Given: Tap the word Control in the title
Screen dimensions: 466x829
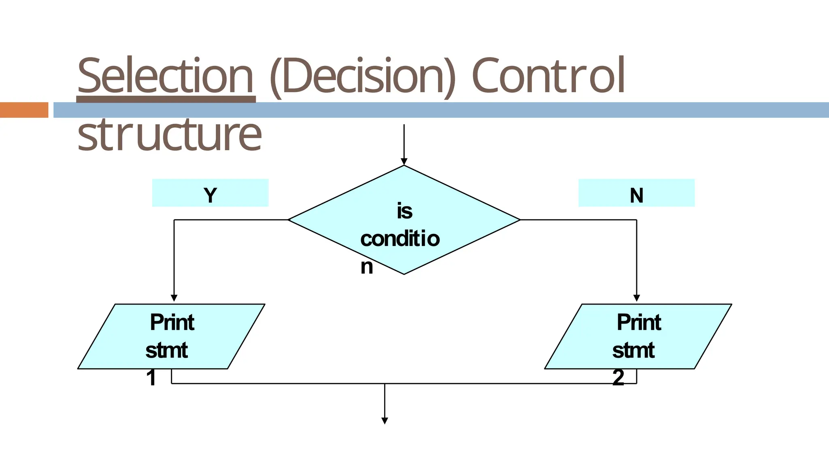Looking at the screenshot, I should pos(548,76).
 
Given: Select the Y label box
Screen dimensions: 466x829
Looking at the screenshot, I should pos(210,193).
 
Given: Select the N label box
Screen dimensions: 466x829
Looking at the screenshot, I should pos(636,193).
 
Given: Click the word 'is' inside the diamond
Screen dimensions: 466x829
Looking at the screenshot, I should pos(404,211).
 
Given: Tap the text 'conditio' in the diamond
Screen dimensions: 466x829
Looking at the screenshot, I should pos(400,239).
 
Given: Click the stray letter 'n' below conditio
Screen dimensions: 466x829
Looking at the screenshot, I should pos(367,267).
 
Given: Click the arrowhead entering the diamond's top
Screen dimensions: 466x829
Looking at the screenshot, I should pos(404,162).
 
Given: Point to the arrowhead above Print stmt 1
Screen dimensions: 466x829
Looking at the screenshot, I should pos(174,298).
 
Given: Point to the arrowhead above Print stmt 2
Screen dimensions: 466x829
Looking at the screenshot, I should pos(637,298).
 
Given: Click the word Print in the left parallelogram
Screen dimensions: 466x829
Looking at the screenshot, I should pos(172,322).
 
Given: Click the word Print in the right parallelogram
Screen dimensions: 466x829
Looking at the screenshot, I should pos(639,322).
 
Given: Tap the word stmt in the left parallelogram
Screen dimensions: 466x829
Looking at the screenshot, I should pos(166,350).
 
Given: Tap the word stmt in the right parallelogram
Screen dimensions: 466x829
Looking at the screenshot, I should pos(633,350).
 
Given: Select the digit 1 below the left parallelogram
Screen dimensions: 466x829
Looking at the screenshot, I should pos(151,378).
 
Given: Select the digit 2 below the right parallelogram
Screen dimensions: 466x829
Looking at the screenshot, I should pos(618,378).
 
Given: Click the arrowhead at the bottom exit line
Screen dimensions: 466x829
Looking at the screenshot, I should pos(385,421).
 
